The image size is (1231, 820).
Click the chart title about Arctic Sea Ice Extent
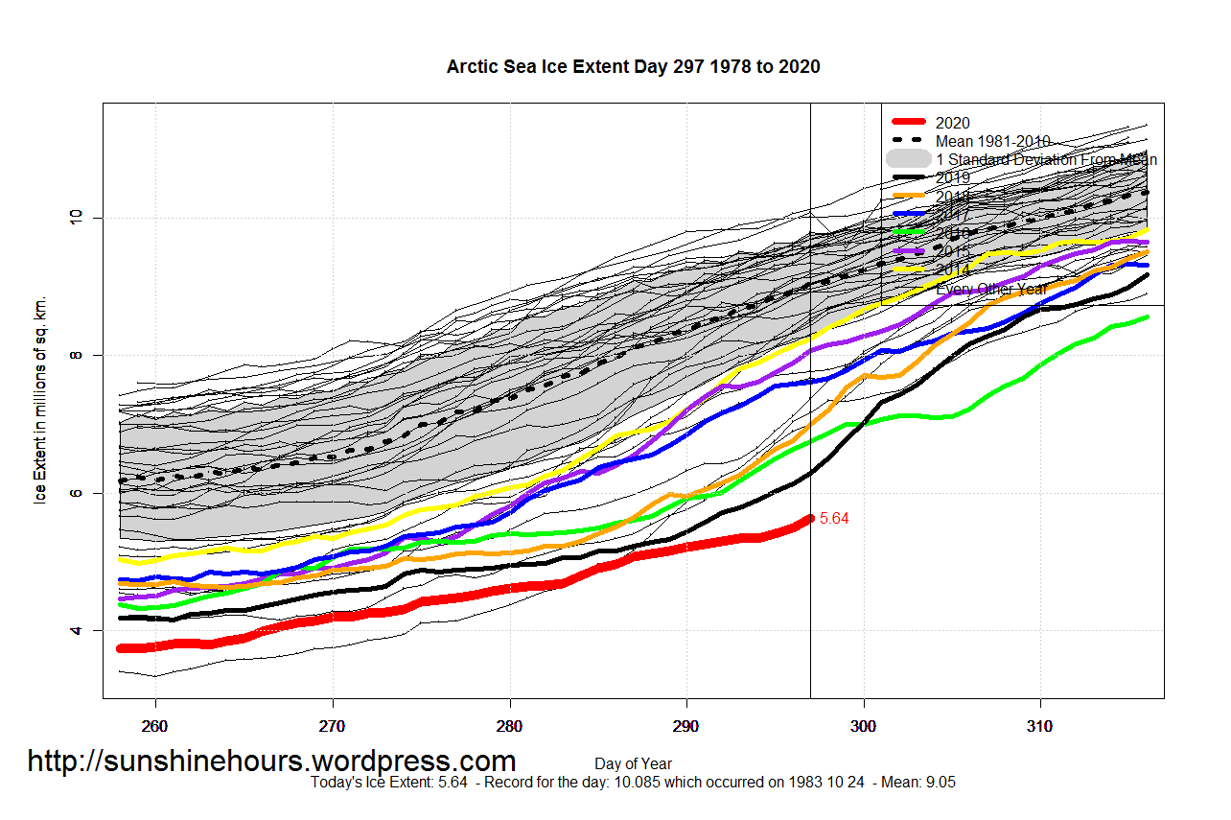pyautogui.click(x=633, y=67)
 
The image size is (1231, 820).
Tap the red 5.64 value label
pyautogui.click(x=834, y=519)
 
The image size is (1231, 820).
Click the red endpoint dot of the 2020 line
pyautogui.click(x=810, y=518)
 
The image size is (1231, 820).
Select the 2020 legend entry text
pyautogui.click(x=952, y=123)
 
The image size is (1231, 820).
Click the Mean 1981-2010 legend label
pyautogui.click(x=992, y=141)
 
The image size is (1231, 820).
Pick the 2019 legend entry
pyautogui.click(x=952, y=177)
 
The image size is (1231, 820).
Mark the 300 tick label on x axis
pyautogui.click(x=864, y=726)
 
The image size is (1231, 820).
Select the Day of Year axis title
pyautogui.click(x=633, y=764)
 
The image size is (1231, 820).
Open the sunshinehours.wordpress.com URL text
pyautogui.click(x=271, y=761)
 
